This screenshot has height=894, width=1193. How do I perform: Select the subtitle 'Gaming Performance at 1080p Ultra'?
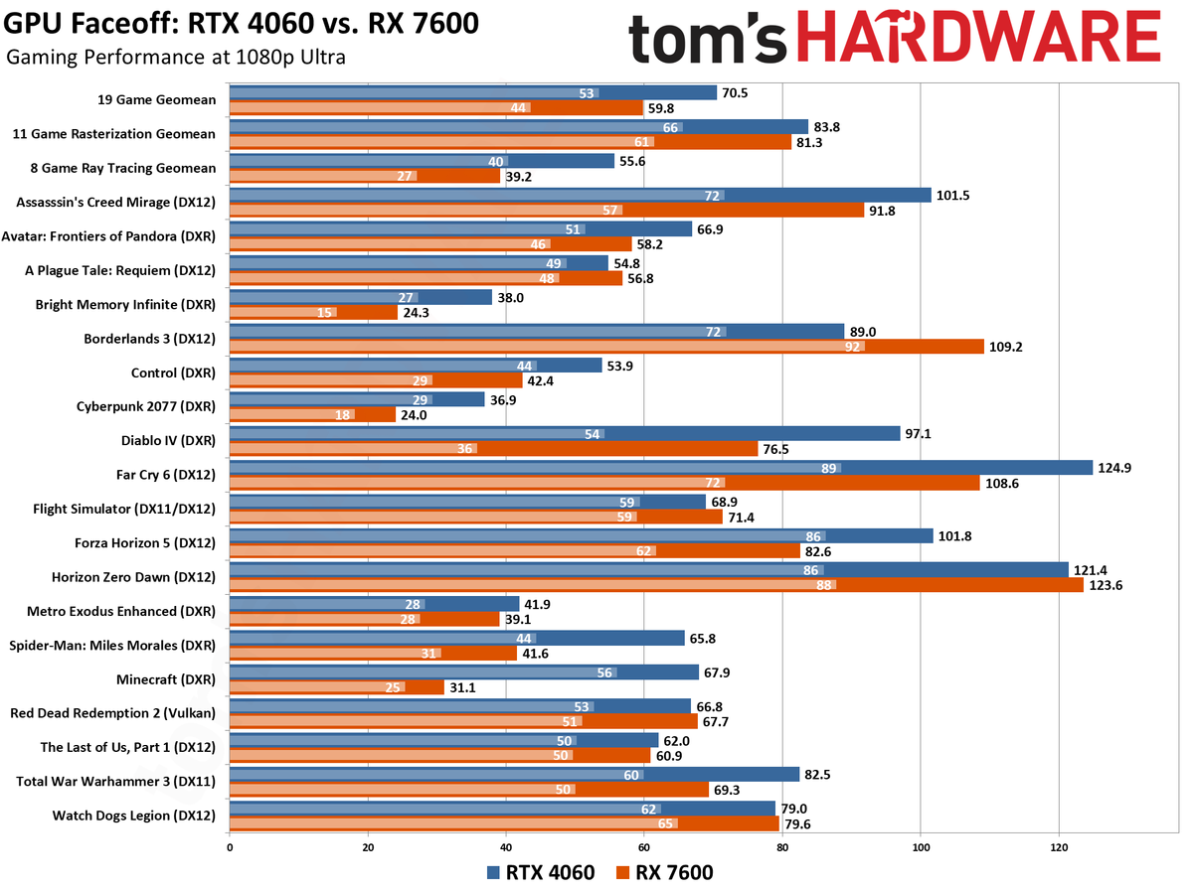click(x=176, y=58)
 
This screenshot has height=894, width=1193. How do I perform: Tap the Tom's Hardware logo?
click(x=894, y=40)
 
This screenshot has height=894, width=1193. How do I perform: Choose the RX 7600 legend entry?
click(x=665, y=873)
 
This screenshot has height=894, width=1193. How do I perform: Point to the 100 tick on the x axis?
click(x=921, y=847)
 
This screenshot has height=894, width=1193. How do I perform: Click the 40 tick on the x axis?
click(x=506, y=847)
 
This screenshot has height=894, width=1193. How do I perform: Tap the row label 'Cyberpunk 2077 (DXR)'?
click(x=145, y=406)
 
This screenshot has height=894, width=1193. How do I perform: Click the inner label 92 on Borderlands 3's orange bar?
click(x=853, y=347)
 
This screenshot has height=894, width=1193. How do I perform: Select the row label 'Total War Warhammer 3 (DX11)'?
click(x=121, y=782)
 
